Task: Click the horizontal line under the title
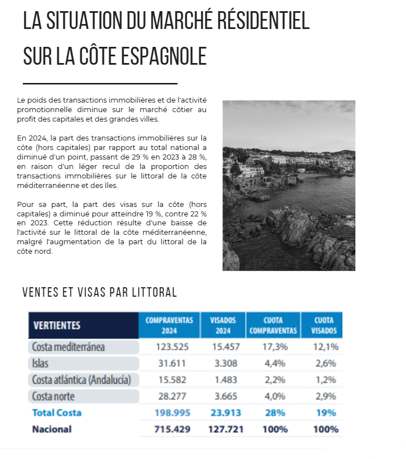tap(100, 83)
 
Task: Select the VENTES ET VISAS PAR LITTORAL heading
tap(100, 292)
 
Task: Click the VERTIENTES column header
tap(57, 325)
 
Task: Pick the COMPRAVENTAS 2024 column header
tap(169, 325)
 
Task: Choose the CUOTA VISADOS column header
tap(325, 325)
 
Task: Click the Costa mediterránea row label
tap(69, 346)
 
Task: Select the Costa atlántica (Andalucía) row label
tap(81, 380)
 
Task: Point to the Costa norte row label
tap(54, 397)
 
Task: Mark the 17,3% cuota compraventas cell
tap(274, 347)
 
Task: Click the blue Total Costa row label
tap(57, 413)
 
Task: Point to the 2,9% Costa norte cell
tap(325, 397)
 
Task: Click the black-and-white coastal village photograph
tap(289, 185)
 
